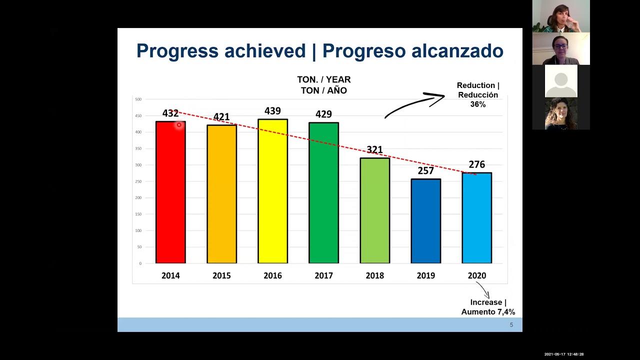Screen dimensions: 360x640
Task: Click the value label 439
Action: pos(272,111)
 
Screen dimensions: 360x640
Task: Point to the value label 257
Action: pos(425,171)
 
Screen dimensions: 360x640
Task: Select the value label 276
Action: pos(476,164)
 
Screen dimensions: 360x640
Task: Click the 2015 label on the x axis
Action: pos(221,275)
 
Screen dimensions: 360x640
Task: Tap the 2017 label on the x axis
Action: pos(323,275)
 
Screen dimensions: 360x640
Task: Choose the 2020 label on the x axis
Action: pos(476,275)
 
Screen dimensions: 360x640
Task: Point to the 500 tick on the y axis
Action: pos(138,99)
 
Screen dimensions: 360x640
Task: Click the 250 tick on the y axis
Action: pos(138,181)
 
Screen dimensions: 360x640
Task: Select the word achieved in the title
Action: pos(264,51)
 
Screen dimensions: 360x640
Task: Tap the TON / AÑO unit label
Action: pos(323,90)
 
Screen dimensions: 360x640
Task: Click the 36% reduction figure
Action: pos(477,104)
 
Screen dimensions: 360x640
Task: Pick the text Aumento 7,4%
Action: pos(488,312)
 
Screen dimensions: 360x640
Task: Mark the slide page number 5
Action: pos(511,325)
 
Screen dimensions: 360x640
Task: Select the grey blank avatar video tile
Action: pos(561,81)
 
